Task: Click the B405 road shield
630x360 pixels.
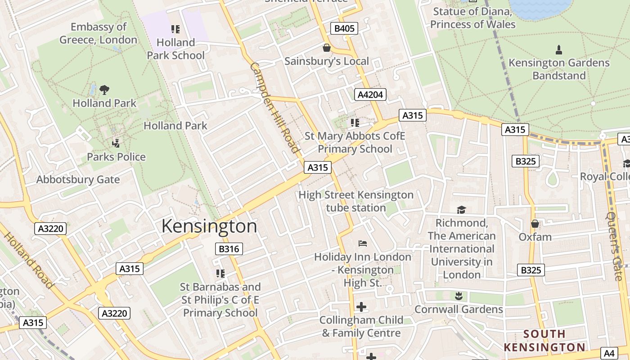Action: tap(344, 29)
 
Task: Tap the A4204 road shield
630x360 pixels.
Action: tap(370, 94)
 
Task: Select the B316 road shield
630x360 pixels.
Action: tap(229, 249)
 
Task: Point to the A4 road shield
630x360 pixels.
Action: tap(609, 354)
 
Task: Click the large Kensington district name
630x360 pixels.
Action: tap(209, 226)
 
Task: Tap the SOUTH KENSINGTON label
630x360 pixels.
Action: tap(544, 341)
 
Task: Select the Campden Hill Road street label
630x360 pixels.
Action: tap(274, 108)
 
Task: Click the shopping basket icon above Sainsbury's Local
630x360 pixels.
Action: tap(326, 48)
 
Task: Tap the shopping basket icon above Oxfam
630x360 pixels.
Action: tap(535, 224)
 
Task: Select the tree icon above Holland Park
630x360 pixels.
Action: tap(104, 90)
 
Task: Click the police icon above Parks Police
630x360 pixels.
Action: tap(116, 144)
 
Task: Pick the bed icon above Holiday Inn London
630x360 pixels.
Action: tap(363, 243)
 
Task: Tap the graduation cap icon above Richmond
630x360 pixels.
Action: tap(461, 210)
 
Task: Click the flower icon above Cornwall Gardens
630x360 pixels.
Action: tap(459, 296)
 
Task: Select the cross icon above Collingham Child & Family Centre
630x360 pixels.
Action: tap(361, 307)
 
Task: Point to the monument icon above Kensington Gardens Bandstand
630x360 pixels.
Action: tap(559, 49)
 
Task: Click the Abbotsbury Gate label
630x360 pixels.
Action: tap(78, 180)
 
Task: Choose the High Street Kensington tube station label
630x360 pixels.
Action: tap(355, 201)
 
